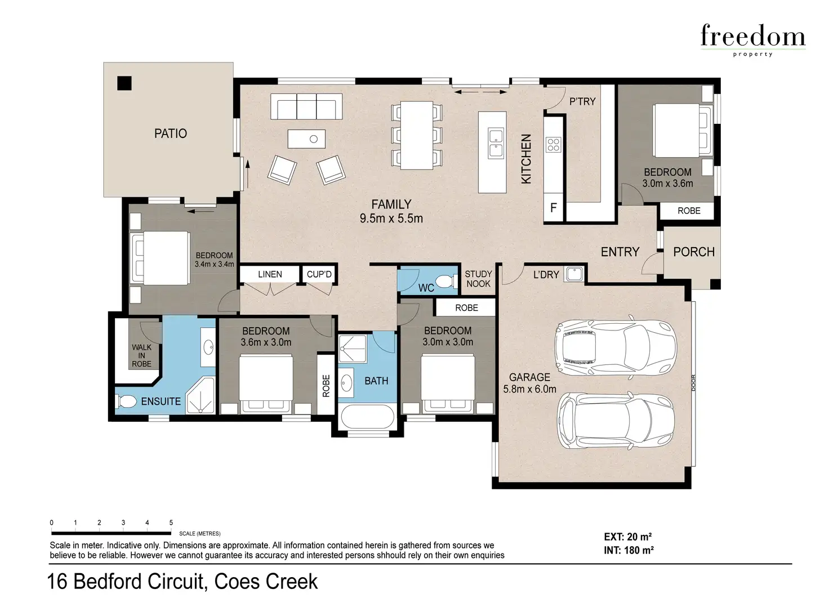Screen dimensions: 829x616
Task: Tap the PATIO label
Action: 171,133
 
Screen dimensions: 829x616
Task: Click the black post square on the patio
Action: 124,83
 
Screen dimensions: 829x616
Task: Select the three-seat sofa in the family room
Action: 306,106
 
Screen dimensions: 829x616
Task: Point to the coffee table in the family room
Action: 306,139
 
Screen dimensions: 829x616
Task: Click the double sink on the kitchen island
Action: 496,143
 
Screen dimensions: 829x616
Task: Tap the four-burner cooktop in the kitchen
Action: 553,145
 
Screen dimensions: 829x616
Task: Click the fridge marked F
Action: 554,207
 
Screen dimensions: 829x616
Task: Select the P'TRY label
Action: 582,101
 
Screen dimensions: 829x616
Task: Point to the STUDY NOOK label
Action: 478,279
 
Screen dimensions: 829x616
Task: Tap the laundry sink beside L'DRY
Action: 574,274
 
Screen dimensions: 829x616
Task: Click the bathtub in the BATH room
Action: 367,418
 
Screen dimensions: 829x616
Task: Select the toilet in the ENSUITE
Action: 127,402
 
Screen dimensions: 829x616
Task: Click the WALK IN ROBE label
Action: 142,356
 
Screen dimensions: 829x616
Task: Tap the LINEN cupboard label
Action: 270,274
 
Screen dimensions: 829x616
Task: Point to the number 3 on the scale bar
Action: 123,523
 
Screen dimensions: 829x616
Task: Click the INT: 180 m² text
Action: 629,550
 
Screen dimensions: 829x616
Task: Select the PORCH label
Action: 694,252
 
